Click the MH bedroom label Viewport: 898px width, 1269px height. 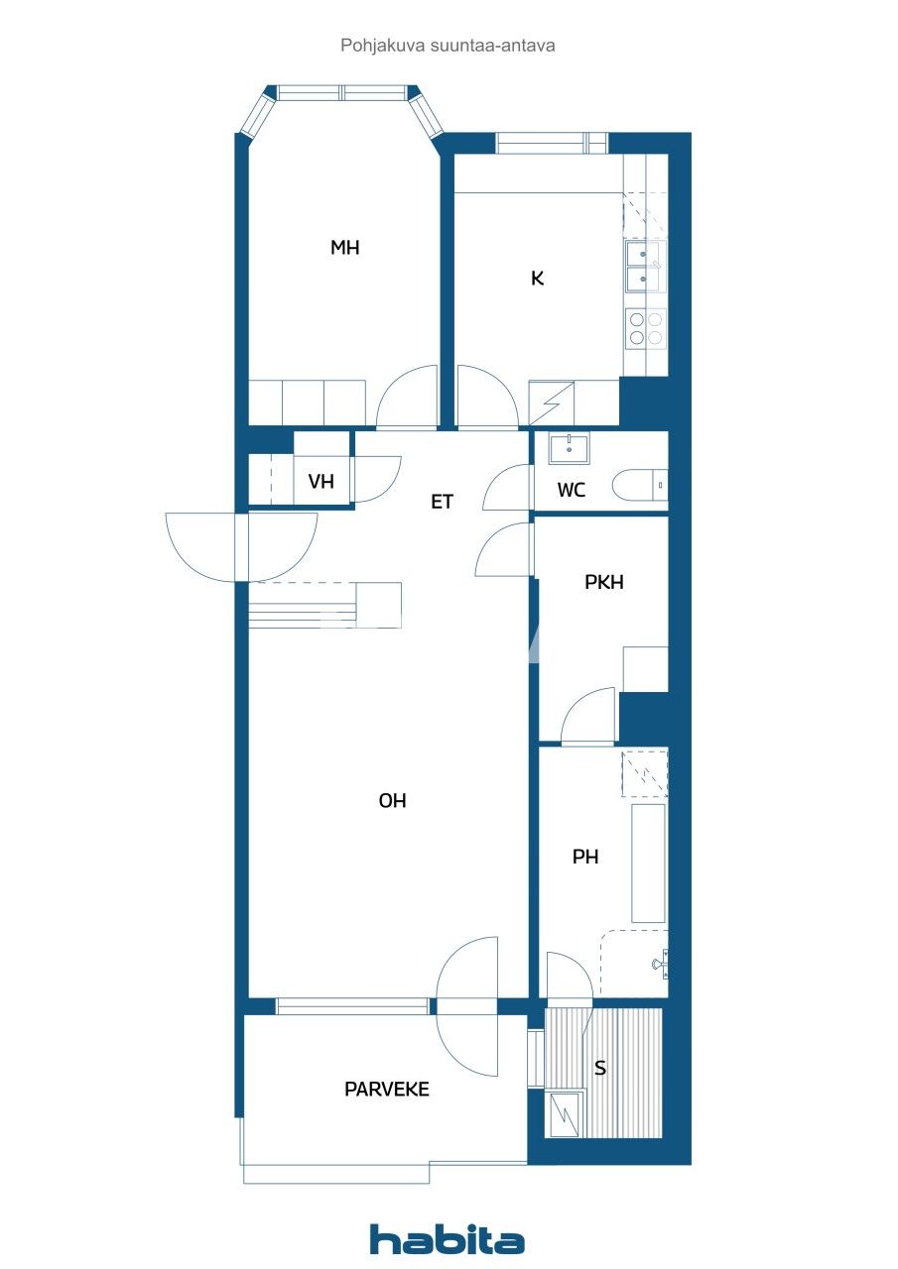(x=344, y=248)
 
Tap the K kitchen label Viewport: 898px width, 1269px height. (x=537, y=279)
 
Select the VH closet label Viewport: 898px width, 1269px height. (x=321, y=482)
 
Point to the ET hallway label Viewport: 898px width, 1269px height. (x=442, y=502)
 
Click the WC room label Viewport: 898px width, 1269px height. (x=571, y=490)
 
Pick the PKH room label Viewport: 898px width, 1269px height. (x=603, y=582)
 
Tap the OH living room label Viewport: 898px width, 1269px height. (x=392, y=801)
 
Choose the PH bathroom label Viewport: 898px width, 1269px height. (x=585, y=857)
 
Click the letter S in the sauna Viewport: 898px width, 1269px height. (x=599, y=1068)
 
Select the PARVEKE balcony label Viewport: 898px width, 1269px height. (x=386, y=1089)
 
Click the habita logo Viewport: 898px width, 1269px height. (x=447, y=1239)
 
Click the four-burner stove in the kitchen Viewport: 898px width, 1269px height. (x=645, y=328)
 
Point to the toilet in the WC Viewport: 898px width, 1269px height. (x=639, y=486)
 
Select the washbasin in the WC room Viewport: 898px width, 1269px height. (x=569, y=448)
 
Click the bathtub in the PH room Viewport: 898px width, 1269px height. (x=648, y=864)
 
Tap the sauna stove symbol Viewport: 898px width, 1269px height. (x=567, y=1112)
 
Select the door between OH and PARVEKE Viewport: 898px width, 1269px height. (x=466, y=1006)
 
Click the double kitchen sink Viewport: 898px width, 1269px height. (x=645, y=267)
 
